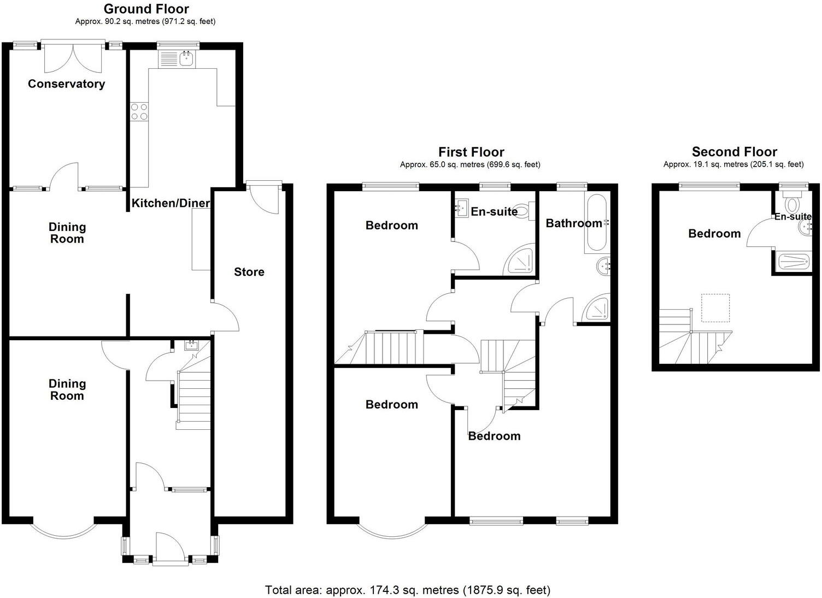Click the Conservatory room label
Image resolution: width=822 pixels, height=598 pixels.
(66, 84)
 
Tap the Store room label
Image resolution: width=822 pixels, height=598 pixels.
(249, 272)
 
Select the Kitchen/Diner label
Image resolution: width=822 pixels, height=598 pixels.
(171, 203)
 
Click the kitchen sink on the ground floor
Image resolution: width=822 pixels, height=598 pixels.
(176, 58)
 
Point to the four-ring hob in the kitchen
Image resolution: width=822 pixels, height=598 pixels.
(139, 111)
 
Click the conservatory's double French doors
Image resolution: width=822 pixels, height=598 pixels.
(73, 57)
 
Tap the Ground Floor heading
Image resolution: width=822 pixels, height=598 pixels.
(146, 9)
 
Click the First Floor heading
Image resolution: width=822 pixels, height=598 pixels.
(471, 152)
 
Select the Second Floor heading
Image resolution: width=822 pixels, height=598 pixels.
(734, 152)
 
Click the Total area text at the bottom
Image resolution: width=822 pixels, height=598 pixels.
(408, 590)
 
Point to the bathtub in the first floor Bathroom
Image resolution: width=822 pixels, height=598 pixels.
(595, 223)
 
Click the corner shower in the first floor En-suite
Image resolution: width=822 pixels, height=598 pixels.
(519, 262)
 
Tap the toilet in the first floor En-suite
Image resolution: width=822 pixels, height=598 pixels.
(523, 211)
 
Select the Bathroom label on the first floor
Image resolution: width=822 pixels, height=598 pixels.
(573, 223)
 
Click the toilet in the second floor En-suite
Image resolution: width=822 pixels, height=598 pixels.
(790, 203)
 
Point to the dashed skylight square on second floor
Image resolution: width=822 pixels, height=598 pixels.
(715, 308)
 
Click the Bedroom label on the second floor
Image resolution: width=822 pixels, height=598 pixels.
(714, 234)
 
